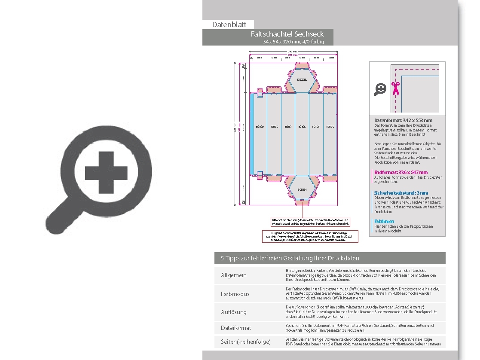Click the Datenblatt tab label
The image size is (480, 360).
(x=229, y=25)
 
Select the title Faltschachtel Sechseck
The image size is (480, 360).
(x=287, y=34)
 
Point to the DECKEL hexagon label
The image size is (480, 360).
(x=302, y=79)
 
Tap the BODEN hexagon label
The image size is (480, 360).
(x=302, y=189)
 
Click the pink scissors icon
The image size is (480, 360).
(x=395, y=88)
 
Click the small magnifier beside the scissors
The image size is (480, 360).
(x=380, y=89)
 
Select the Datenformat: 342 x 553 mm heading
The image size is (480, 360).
(x=403, y=120)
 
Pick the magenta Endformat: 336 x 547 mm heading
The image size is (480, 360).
(x=401, y=172)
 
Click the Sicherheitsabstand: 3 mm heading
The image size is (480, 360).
(x=401, y=193)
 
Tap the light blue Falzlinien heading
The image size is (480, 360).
(x=384, y=221)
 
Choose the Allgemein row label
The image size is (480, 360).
(x=234, y=275)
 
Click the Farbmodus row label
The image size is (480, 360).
(x=235, y=294)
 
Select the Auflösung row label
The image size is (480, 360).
(x=234, y=312)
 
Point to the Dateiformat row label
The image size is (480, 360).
(x=236, y=328)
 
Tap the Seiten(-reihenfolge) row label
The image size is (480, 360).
(x=246, y=342)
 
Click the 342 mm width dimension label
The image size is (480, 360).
(x=293, y=52)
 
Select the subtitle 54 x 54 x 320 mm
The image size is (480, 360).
(x=294, y=42)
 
